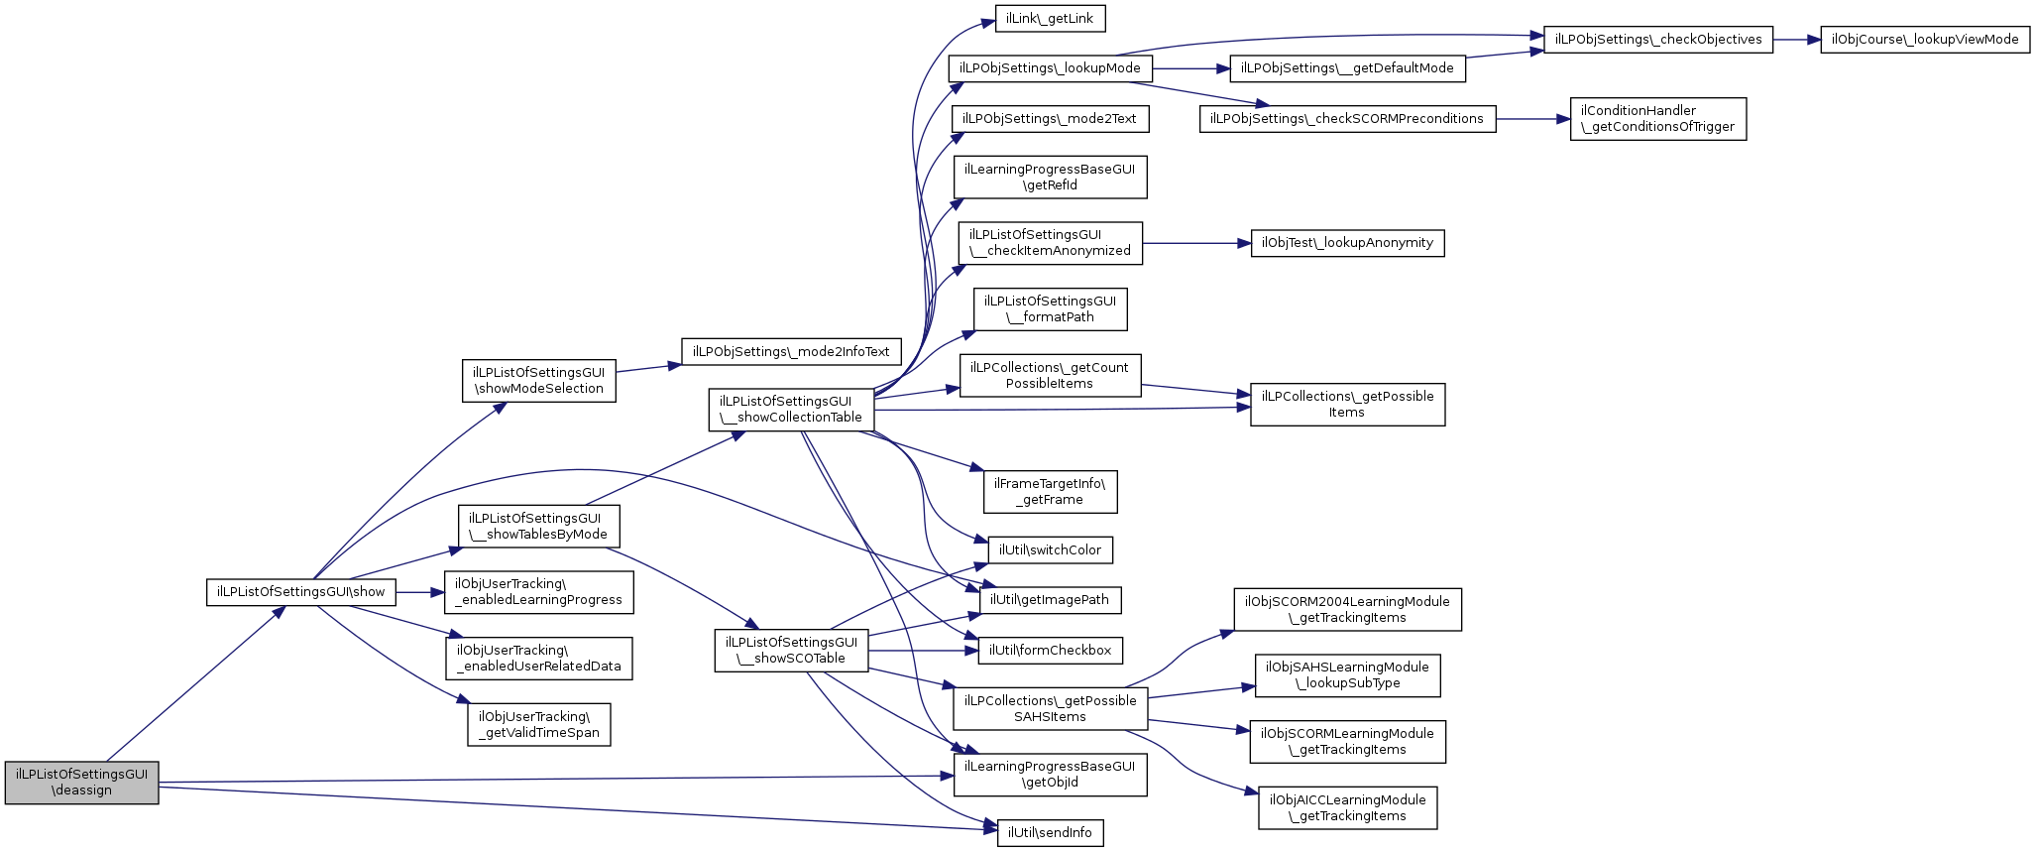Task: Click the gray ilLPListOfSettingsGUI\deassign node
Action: (x=81, y=783)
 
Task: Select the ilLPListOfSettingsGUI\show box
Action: (x=300, y=592)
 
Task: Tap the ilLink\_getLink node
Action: (x=1050, y=19)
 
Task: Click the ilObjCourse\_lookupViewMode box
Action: (x=1925, y=40)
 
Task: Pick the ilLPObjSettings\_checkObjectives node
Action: (x=1657, y=40)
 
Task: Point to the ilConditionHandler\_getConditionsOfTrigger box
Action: (x=1657, y=119)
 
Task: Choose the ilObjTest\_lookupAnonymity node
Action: (x=1347, y=243)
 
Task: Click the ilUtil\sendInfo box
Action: (x=1050, y=833)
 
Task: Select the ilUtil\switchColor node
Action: (x=1050, y=550)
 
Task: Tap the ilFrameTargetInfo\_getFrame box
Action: (x=1050, y=492)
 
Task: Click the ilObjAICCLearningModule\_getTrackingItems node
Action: (x=1347, y=808)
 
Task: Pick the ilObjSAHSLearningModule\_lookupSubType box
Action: (x=1347, y=675)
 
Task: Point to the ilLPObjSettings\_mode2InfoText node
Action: (x=791, y=352)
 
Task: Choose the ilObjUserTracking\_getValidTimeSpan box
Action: (x=539, y=725)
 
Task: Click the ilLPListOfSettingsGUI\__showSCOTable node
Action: (x=791, y=651)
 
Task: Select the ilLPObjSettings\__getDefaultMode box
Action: (x=1347, y=68)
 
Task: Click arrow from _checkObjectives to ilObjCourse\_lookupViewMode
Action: (x=1796, y=40)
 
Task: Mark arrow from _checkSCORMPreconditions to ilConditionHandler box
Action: (x=1532, y=119)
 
